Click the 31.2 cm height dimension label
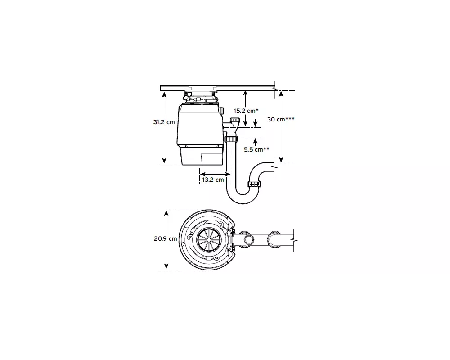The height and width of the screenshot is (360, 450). (x=164, y=122)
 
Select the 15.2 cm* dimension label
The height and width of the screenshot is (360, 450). (x=246, y=111)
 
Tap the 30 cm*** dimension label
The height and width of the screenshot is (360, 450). (x=281, y=119)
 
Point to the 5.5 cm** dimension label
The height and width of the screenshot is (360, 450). (x=256, y=149)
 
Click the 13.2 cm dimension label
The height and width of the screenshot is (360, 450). (x=213, y=180)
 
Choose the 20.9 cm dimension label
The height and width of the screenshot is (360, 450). (x=165, y=238)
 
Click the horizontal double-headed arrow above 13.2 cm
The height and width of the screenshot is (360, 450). (x=215, y=174)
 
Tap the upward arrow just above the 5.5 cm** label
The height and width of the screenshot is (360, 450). (x=255, y=142)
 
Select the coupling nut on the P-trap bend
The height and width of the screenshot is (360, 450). (x=255, y=184)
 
